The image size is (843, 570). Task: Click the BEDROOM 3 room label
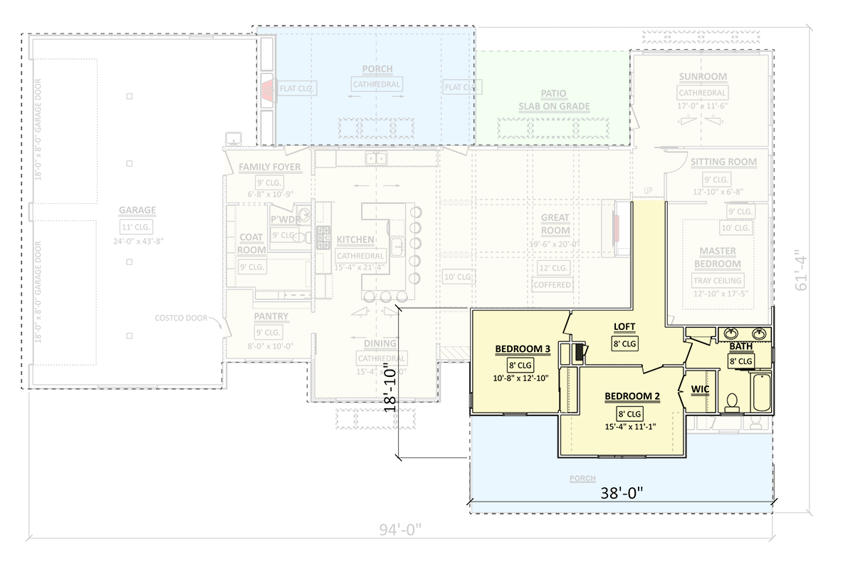coord(523,349)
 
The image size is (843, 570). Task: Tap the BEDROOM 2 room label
coord(632,396)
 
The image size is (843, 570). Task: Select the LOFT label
coord(624,327)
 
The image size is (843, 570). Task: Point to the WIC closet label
coord(699,388)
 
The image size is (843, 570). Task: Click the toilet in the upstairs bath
coord(731,403)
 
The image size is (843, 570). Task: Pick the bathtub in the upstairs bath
coord(761,393)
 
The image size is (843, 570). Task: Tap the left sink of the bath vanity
coord(731,333)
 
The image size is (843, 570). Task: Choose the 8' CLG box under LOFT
coord(624,343)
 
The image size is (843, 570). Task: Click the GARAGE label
coord(137,211)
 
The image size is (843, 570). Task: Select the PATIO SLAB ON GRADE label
coord(553,100)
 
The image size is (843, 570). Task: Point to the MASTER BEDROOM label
coord(718,258)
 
